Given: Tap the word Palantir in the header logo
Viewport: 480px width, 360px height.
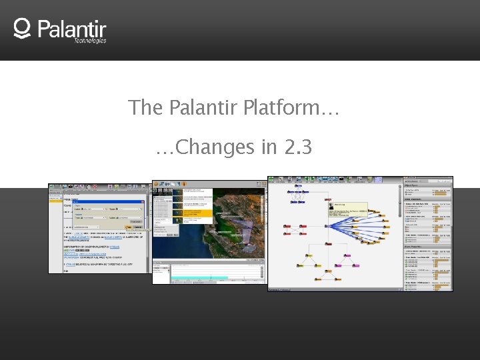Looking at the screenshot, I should [72, 29].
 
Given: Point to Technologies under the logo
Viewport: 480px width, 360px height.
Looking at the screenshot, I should [90, 41].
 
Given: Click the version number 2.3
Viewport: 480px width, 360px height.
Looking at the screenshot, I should [297, 147].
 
